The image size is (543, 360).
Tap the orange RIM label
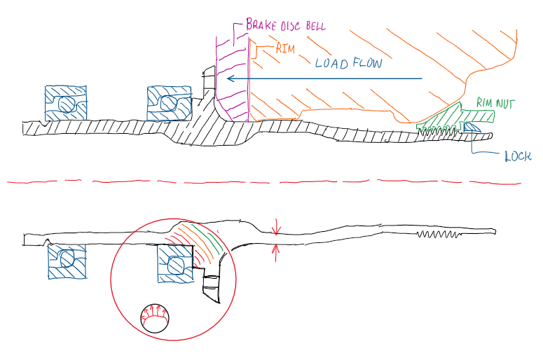coord(268,49)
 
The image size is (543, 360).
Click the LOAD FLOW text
coord(348,63)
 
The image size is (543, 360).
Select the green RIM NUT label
coord(495,102)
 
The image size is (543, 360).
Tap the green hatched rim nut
coord(448,115)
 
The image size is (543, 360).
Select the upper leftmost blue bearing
coord(64,104)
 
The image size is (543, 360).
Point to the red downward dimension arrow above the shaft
coord(277,226)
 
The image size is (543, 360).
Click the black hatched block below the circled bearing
coord(211,287)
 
